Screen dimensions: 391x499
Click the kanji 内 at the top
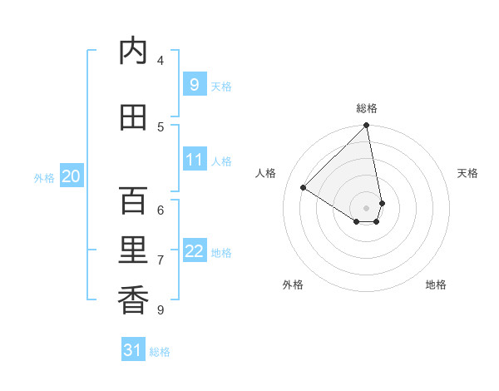133,52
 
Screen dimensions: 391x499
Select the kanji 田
133,117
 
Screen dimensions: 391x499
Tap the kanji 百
133,200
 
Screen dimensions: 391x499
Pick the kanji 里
133,250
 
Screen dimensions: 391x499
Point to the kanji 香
133,299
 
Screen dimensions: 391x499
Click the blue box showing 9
194,84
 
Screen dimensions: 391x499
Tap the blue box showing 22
194,250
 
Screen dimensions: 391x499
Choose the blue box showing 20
72,176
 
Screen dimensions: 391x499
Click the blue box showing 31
133,350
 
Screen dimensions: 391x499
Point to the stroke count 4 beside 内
161,60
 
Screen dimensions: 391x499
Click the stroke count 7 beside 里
161,260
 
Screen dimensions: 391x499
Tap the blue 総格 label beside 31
160,352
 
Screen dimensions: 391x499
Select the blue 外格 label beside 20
44,177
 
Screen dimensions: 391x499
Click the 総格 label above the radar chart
367,108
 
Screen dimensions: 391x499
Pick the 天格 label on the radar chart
468,173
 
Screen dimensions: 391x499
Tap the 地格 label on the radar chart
436,285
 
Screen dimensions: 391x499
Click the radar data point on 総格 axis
367,126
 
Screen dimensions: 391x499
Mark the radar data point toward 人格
304,187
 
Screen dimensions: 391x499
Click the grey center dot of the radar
367,208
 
